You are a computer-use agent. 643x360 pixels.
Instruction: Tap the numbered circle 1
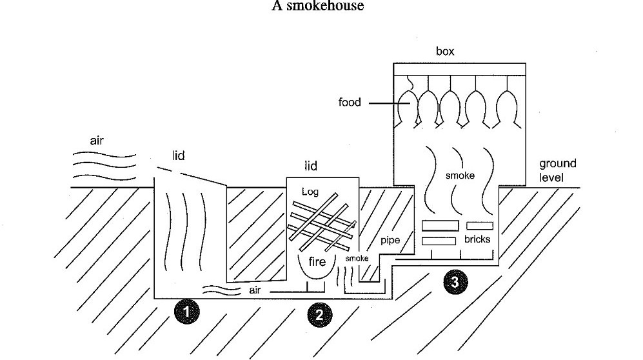tap(186, 312)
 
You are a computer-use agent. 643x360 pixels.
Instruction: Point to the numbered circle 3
tap(455, 281)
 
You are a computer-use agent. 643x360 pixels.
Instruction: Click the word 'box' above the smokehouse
tap(445, 52)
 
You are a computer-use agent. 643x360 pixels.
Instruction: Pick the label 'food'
tap(350, 102)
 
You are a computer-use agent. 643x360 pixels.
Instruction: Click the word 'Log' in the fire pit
tap(310, 192)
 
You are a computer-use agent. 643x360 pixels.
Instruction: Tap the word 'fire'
tap(317, 262)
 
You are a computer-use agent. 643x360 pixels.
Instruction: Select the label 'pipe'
tap(390, 241)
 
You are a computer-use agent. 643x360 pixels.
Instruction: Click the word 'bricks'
tap(477, 239)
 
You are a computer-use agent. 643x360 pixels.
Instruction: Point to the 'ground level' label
tap(558, 170)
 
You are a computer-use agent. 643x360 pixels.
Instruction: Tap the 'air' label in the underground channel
tap(256, 290)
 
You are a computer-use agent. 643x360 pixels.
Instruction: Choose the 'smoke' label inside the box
tap(460, 175)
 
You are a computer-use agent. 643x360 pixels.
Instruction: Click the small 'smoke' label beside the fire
tap(356, 258)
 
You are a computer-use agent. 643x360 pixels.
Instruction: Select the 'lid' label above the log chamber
tap(311, 166)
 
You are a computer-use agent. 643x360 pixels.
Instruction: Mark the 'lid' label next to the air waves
tap(179, 156)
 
